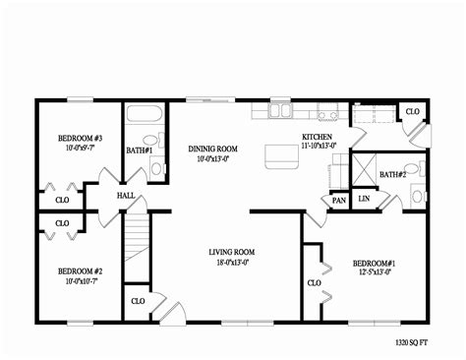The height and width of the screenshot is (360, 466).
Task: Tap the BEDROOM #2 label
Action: (80, 270)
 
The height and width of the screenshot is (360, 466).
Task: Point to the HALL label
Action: (126, 196)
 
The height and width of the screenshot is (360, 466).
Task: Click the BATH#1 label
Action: (139, 150)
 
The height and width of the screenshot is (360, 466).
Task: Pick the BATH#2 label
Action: (393, 174)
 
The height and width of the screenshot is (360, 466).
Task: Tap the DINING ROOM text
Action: (213, 149)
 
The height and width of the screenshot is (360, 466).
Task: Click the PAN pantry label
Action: (338, 200)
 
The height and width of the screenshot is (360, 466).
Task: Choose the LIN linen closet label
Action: (364, 199)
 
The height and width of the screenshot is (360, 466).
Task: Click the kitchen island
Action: (282, 153)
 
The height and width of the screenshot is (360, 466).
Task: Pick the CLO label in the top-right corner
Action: (412, 112)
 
